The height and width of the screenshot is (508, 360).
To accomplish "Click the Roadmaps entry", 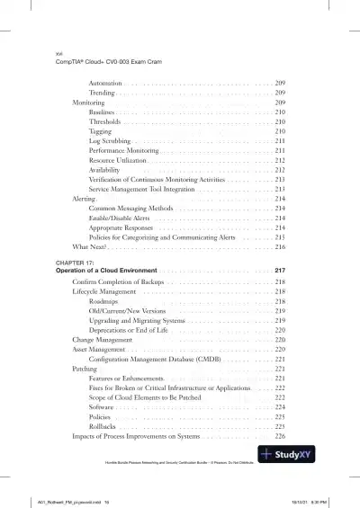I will tap(105, 302).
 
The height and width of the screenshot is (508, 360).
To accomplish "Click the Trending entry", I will tap(102, 93).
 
